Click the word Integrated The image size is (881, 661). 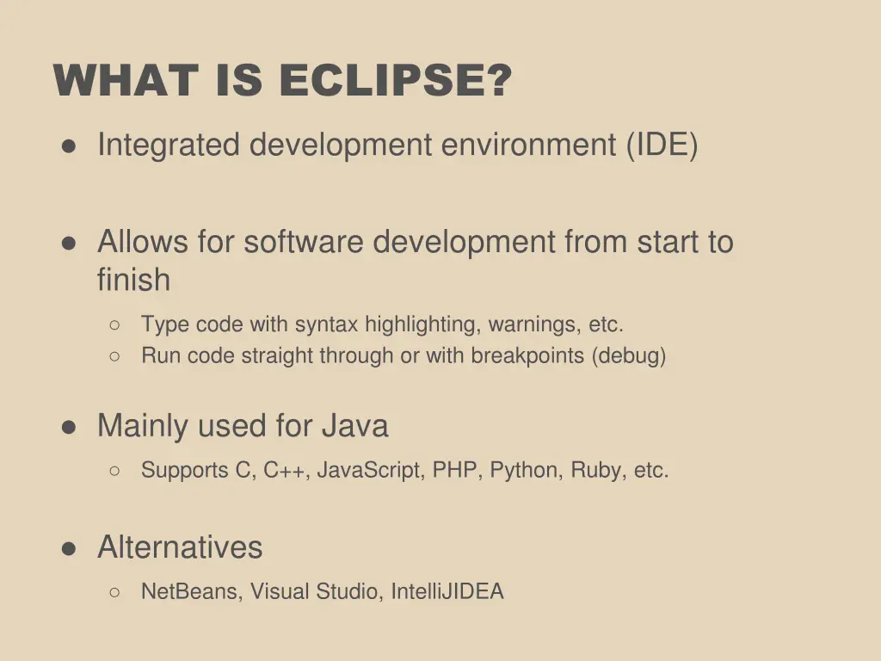tap(169, 145)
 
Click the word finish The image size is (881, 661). tap(133, 280)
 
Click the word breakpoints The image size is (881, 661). tap(527, 355)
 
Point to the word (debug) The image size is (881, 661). tap(628, 355)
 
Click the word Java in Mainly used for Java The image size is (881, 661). tap(354, 426)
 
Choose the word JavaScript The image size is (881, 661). tap(372, 471)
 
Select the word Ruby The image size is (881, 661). tap(596, 471)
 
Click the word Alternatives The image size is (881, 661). tap(180, 547)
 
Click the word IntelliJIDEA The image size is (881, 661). tap(447, 592)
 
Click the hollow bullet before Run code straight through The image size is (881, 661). tap(114, 355)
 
